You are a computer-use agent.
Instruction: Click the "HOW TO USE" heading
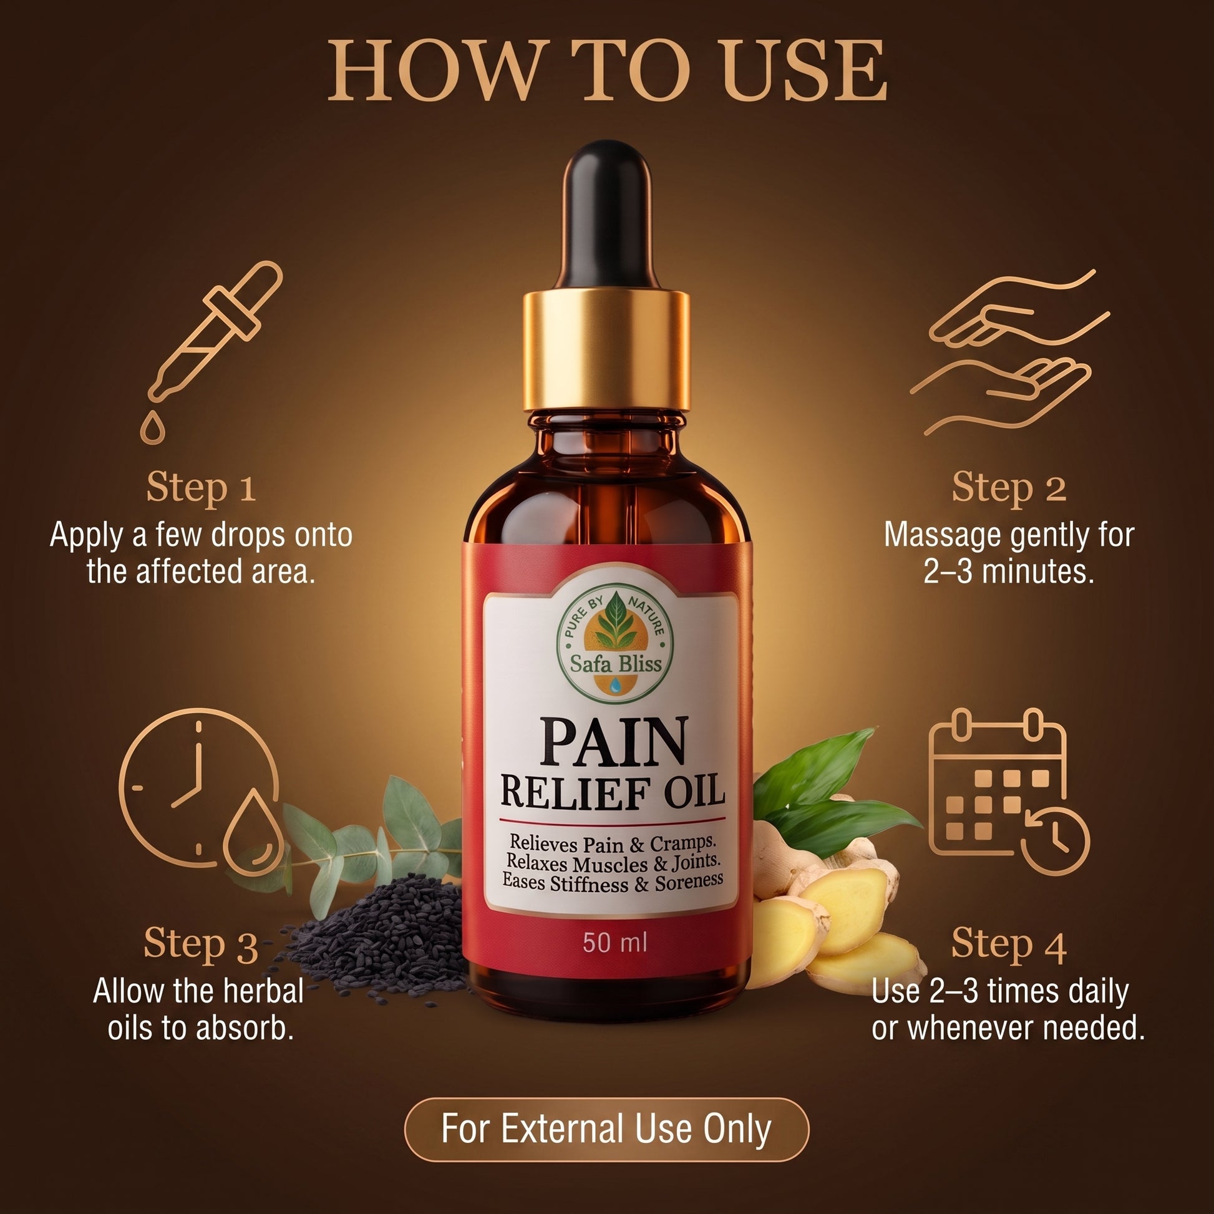click(607, 70)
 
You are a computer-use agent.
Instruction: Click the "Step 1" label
click(201, 488)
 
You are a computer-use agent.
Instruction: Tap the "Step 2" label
click(1009, 488)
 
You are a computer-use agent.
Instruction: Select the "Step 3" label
click(201, 944)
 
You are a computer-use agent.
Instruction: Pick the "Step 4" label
click(1009, 944)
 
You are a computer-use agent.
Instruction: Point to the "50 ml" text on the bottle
click(614, 943)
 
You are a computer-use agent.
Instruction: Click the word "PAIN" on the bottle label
click(613, 744)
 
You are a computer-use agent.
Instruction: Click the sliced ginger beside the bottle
click(836, 905)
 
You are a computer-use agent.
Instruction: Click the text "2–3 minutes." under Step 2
click(1009, 571)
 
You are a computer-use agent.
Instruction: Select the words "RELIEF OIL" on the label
click(613, 792)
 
